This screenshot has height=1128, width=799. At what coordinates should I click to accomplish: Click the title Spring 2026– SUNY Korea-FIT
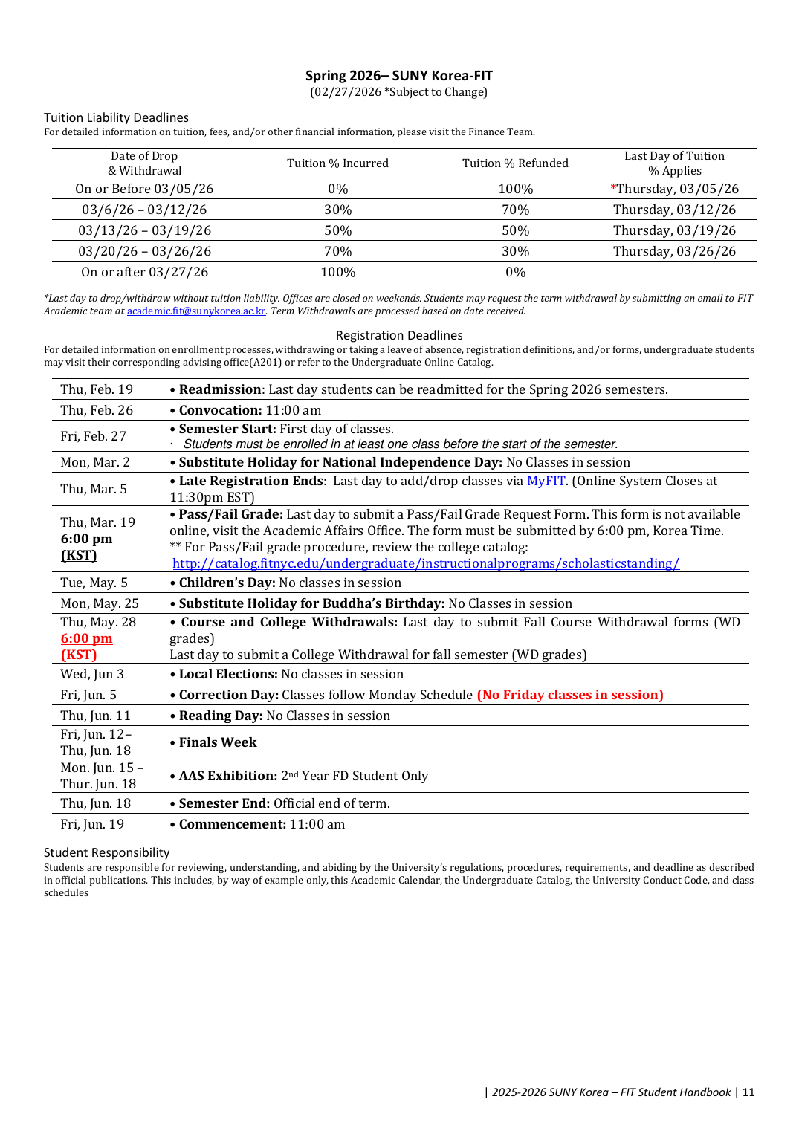pos(398,76)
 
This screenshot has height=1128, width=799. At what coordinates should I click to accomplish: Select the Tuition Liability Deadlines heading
pos(116,117)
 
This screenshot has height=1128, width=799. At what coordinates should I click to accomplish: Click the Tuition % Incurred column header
pos(337,163)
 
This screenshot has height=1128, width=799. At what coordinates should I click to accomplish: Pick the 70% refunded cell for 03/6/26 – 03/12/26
pos(515,210)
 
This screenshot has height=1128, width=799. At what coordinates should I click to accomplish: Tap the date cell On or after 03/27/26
pos(144,272)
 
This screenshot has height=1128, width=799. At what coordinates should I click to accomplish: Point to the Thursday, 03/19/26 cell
pos(674,230)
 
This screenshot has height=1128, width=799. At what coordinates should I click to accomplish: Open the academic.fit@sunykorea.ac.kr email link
pos(196,311)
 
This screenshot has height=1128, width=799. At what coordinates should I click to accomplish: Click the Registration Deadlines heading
pos(398,336)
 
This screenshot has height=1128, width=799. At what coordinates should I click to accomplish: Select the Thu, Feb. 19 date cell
pos(97,389)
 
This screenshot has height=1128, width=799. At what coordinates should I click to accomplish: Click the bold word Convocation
pos(219,410)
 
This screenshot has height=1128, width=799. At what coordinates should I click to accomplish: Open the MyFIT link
pos(546,481)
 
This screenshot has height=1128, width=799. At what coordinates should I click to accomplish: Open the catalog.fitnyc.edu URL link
pos(425,563)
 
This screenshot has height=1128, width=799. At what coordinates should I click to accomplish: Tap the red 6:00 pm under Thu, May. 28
pos(86,638)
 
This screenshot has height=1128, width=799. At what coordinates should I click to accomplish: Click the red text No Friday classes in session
pos(570,695)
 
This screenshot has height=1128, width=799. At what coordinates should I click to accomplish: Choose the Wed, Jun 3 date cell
pos(92,674)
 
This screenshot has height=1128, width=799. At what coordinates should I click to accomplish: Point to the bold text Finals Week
pos(218,742)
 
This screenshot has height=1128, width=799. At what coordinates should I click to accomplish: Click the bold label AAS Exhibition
pos(227,776)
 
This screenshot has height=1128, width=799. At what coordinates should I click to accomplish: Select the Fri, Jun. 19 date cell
pos(92,824)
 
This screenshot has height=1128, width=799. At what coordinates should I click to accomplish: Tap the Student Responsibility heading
pos(106,852)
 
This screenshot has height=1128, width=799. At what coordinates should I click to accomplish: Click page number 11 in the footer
pos(748,1092)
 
